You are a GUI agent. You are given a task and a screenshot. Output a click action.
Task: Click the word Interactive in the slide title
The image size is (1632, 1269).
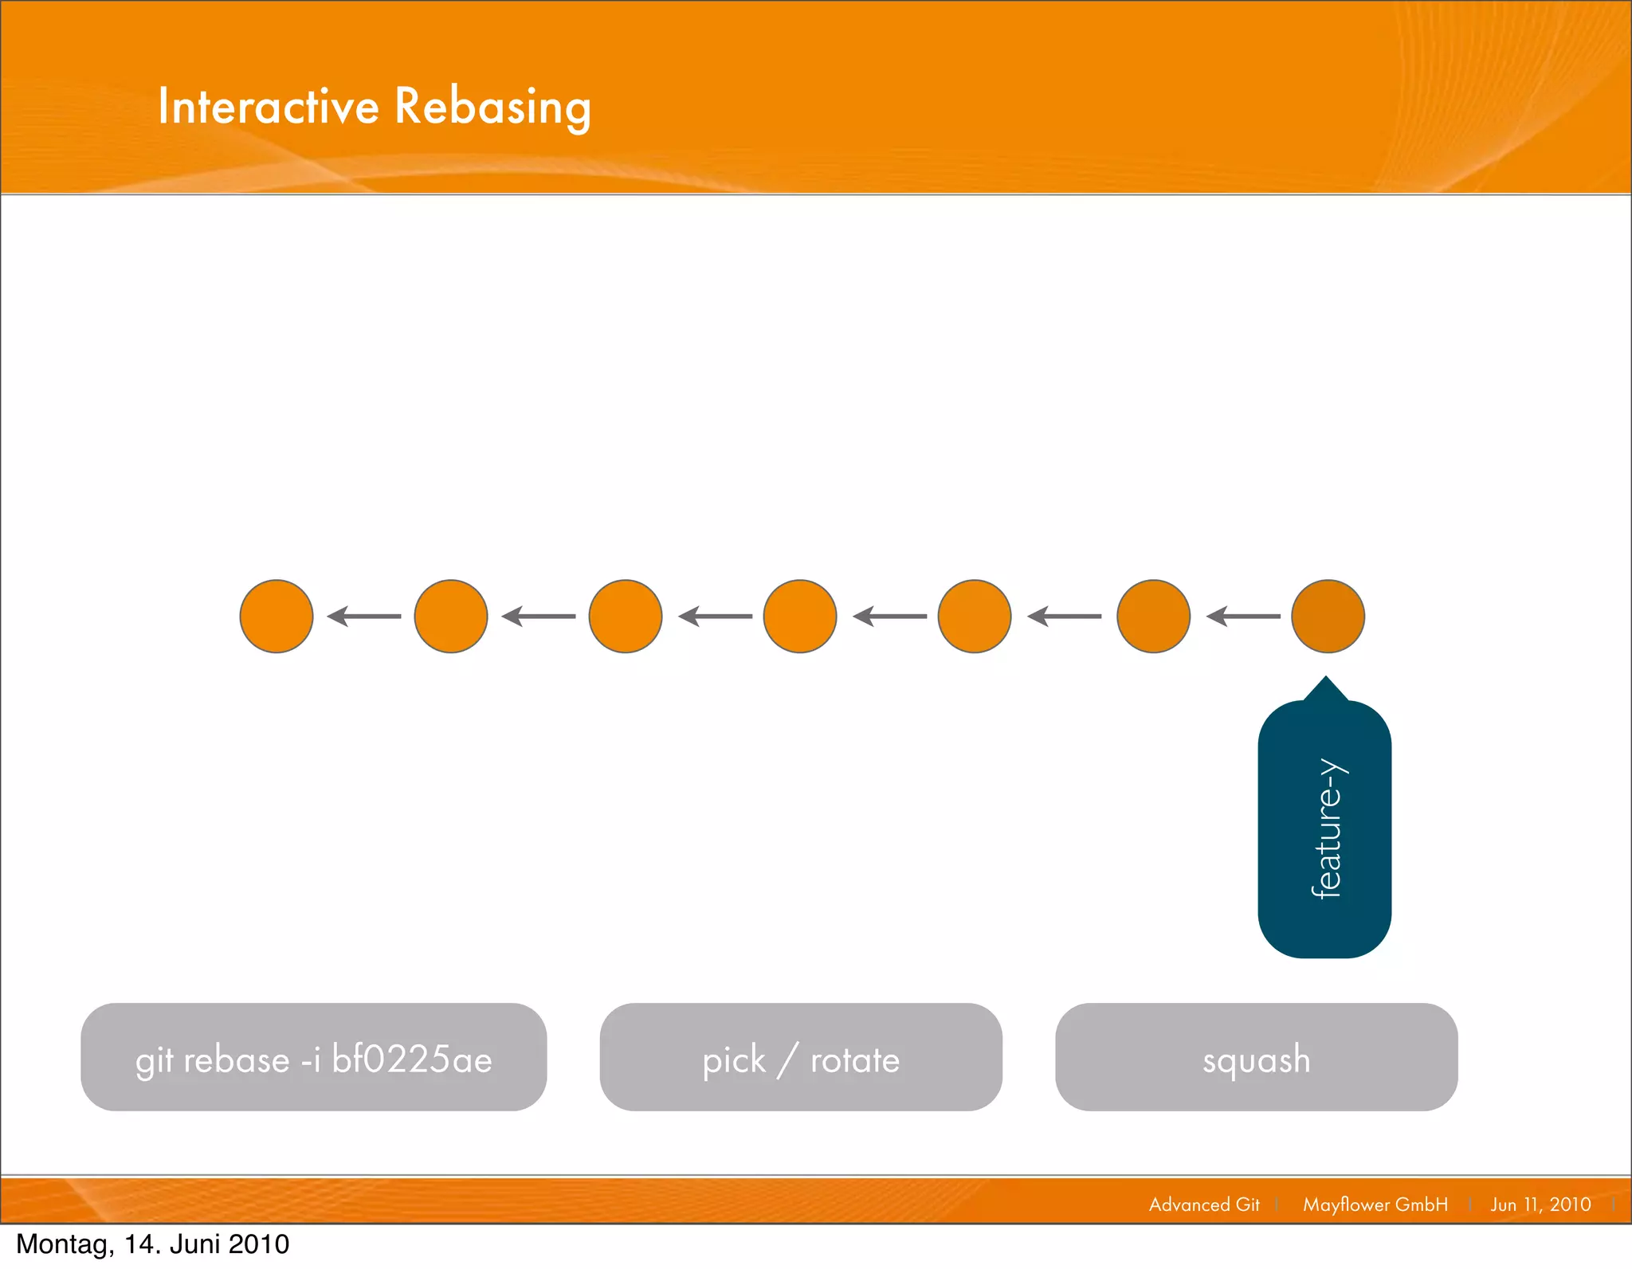pos(268,106)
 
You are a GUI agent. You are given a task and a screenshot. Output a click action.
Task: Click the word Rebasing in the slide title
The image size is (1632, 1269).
pos(492,108)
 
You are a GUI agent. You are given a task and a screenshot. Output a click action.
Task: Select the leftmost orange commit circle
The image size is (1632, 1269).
pos(277,616)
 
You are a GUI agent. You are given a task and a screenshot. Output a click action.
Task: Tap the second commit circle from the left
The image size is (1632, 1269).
pos(451,616)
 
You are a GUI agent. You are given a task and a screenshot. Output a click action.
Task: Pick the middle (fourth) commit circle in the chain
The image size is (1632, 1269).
pos(800,616)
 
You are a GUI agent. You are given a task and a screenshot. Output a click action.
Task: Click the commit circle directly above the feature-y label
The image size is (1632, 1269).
pos(1328,616)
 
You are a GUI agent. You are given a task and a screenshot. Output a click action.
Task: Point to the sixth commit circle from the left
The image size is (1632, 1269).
pos(1153,616)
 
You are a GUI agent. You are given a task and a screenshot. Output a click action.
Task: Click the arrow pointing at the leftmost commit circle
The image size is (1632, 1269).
pos(364,616)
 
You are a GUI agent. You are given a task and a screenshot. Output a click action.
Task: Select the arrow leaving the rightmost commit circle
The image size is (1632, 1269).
pos(1243,616)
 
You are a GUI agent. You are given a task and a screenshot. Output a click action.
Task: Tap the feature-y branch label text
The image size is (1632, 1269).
pos(1327,828)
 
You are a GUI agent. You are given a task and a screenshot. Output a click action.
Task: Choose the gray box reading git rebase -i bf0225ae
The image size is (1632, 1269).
pos(313,1056)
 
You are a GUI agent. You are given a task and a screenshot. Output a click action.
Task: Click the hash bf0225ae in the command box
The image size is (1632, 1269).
pos(412,1059)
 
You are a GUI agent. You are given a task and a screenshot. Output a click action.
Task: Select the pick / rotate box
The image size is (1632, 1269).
pos(801,1056)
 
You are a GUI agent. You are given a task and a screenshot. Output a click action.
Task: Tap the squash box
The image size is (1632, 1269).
pos(1256,1056)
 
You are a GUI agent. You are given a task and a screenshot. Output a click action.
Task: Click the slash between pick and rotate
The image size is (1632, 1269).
pos(788,1060)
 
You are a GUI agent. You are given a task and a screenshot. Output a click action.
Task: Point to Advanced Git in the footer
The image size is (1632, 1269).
pos(1204,1204)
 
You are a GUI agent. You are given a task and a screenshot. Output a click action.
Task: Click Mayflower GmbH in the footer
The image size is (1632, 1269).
pos(1375,1204)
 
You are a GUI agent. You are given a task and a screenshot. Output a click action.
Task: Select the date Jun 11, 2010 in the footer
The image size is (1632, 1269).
pos(1540,1204)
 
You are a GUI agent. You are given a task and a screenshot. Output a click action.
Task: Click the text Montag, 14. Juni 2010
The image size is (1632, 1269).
pos(153,1244)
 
